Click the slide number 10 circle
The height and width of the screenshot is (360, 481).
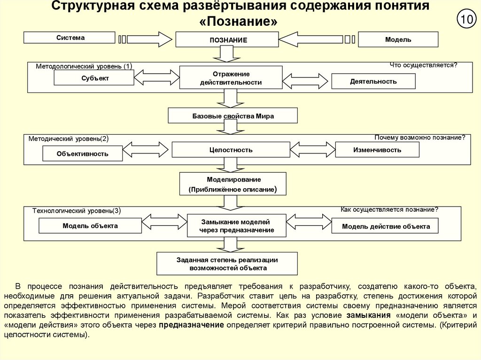[466, 20]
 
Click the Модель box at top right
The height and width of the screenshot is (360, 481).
[398, 39]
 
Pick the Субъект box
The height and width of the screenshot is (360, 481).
[94, 78]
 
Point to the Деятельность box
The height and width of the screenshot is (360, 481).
[373, 81]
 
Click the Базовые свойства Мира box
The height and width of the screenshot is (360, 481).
[226, 115]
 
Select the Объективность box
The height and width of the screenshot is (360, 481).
[82, 153]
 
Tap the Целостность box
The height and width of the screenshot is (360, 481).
[231, 150]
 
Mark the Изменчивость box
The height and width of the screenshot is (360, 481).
[377, 150]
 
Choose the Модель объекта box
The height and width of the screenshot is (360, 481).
[90, 226]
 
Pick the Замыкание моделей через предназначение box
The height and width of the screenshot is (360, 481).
[236, 226]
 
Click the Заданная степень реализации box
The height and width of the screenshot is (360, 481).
[227, 263]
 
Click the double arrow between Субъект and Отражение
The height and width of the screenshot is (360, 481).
[157, 78]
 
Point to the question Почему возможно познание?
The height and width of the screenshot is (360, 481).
[420, 138]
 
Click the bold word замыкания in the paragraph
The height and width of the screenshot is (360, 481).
[366, 315]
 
